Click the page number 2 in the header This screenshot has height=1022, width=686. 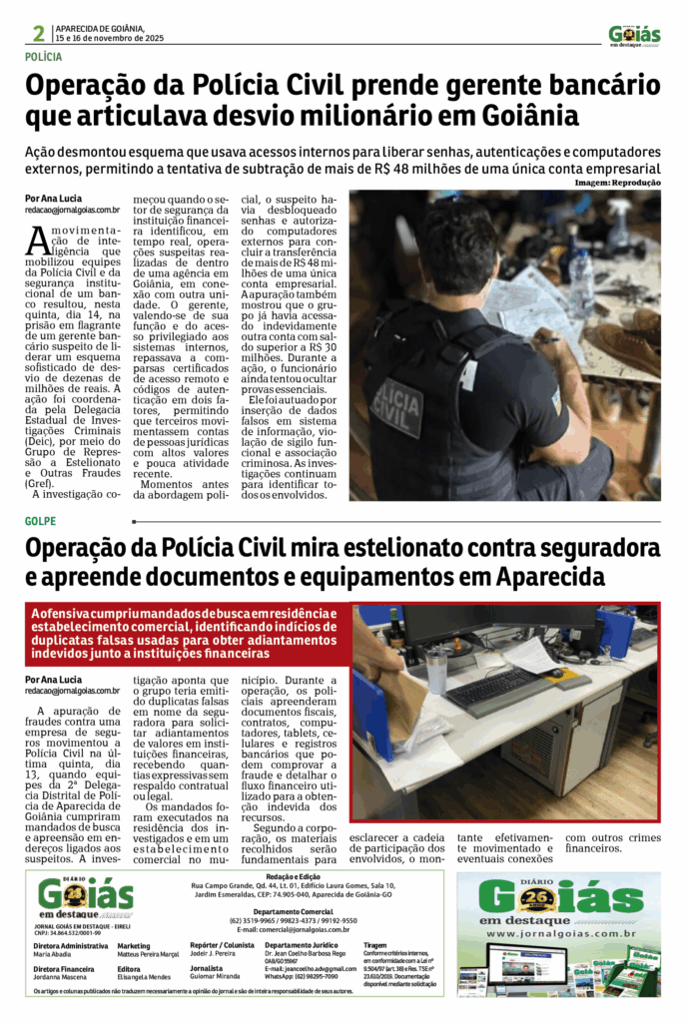click(39, 34)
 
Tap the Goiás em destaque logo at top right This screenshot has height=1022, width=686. click(634, 36)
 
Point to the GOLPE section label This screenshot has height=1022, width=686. click(40, 521)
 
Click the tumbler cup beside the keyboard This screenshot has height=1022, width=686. click(436, 670)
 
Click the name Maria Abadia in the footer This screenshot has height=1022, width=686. click(52, 954)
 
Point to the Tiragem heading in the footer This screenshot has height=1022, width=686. click(375, 944)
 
